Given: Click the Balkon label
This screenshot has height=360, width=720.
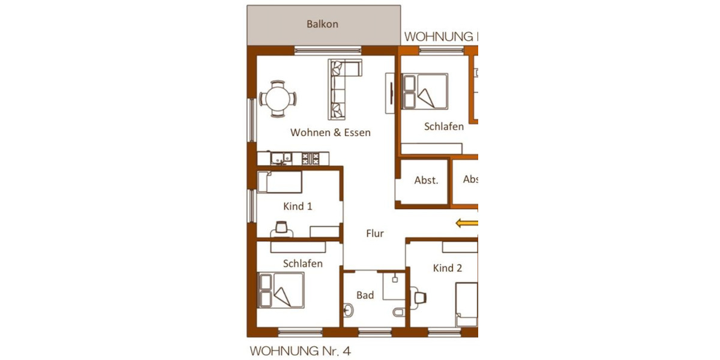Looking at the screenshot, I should pos(322,25).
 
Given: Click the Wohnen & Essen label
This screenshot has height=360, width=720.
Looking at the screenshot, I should pos(330,133).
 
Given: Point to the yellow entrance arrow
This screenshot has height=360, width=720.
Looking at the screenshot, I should pos(467,224).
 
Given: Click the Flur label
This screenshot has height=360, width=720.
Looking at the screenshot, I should pos(375,234).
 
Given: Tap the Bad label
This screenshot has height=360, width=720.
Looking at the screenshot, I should pos(365,295).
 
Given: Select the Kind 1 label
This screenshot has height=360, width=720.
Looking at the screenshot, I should pos(298,206).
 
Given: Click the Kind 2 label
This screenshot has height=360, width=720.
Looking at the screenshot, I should pos(448,268).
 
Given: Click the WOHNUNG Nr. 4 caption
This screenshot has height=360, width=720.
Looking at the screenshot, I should pos(299,349).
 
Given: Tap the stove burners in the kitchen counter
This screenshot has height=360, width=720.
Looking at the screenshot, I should pos(311,158).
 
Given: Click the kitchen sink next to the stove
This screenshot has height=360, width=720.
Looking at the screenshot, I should pos(280,158).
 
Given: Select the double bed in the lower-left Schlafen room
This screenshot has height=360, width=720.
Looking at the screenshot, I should pos(281,290).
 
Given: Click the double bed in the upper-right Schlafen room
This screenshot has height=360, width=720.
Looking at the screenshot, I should pos(425,91).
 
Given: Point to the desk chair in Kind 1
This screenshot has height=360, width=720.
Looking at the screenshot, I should pos(281,227).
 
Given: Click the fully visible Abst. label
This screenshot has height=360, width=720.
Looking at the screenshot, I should pos(426,180).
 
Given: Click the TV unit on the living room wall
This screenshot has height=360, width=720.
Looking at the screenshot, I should pos(389,92).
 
